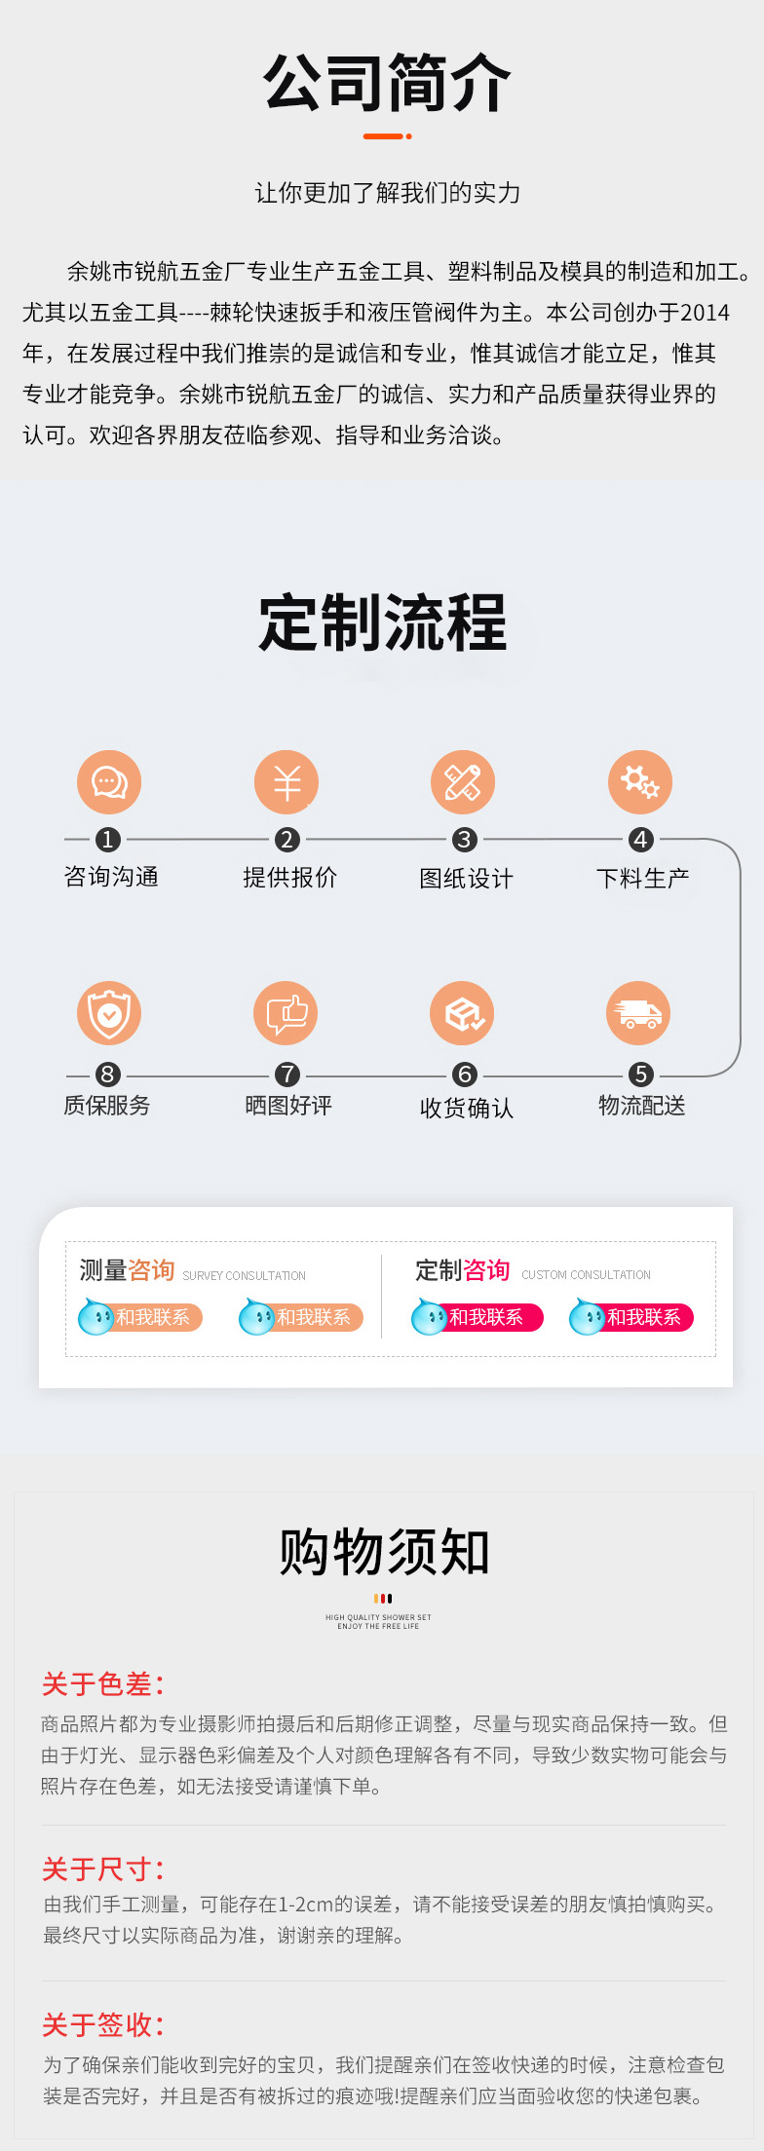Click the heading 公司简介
387,83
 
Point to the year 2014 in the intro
705,313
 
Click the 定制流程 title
383,623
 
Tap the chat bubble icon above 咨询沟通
109,782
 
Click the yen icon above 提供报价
286,782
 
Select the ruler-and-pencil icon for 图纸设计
463,782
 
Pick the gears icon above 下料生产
640,782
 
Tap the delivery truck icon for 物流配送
639,1013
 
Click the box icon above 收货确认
463,1013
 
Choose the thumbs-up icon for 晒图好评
286,1013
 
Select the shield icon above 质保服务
109,1013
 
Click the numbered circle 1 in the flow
108,839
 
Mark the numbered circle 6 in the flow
465,1075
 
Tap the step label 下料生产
643,878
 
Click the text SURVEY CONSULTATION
244,1275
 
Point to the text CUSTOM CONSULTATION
586,1274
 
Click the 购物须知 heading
384,1552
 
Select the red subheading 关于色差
102,1684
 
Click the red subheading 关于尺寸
102,1869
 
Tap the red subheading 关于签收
102,2025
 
